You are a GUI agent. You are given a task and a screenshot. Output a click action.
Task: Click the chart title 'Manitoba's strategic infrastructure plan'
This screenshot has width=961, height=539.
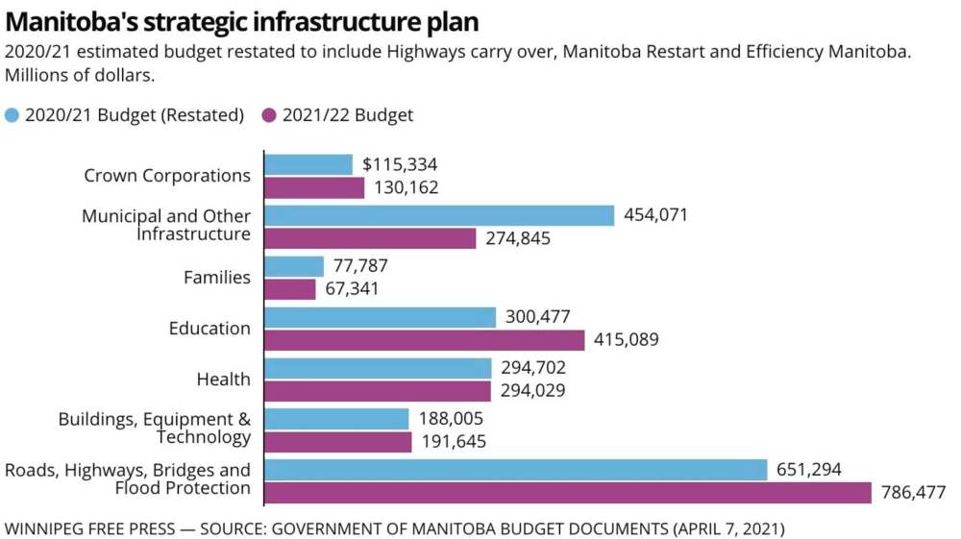pyautogui.click(x=241, y=21)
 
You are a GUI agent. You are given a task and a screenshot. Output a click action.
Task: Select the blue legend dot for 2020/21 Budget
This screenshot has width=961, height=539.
pyautogui.click(x=12, y=115)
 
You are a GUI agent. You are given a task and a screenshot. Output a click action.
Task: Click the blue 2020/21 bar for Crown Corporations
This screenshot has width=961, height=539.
pyautogui.click(x=308, y=164)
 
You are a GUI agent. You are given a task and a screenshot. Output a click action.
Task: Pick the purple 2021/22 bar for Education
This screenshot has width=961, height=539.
pyautogui.click(x=424, y=340)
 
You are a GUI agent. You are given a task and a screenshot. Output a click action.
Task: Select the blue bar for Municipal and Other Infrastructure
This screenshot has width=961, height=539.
pyautogui.click(x=438, y=215)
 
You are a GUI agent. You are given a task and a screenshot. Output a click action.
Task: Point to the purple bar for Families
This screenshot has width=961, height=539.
pyautogui.click(x=289, y=289)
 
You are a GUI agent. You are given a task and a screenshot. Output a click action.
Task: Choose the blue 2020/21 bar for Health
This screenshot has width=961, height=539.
pyautogui.click(x=378, y=368)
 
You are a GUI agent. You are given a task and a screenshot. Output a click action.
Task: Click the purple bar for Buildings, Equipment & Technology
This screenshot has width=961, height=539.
pyautogui.click(x=337, y=442)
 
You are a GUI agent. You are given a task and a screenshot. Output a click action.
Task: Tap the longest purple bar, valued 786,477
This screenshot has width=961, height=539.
pyautogui.click(x=569, y=493)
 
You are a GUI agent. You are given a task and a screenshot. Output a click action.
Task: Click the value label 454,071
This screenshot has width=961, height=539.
pyautogui.click(x=656, y=215)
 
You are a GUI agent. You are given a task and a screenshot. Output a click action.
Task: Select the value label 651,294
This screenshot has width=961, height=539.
pyautogui.click(x=808, y=470)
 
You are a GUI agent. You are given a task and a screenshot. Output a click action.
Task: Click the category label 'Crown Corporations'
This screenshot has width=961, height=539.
pyautogui.click(x=167, y=176)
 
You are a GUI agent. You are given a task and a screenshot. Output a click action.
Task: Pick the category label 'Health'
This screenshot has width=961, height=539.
pyautogui.click(x=223, y=380)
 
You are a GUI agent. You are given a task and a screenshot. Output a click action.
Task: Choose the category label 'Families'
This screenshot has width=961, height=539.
pyautogui.click(x=217, y=278)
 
